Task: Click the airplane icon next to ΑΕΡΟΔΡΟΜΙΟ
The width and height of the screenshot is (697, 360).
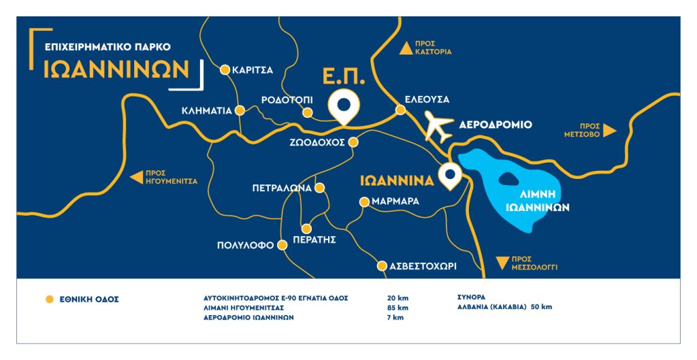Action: (x=438, y=126)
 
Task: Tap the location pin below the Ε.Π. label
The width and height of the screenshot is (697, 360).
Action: (x=344, y=105)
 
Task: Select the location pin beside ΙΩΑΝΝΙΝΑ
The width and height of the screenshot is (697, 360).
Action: (x=450, y=175)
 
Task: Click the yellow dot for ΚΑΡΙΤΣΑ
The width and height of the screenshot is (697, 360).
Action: (x=225, y=69)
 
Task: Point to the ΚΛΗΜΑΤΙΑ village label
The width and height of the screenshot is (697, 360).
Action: (x=207, y=110)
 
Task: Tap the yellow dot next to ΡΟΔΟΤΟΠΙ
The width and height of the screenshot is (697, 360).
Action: (x=308, y=112)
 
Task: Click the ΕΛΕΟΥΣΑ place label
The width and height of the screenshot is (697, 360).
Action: (x=427, y=99)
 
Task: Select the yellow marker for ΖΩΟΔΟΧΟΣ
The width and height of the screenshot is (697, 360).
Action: (x=353, y=142)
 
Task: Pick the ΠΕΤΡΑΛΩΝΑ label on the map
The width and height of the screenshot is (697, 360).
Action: (x=281, y=187)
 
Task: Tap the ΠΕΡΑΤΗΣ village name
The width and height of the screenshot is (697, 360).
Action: (x=314, y=240)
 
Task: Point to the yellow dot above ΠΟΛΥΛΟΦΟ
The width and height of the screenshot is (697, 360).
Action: (x=283, y=245)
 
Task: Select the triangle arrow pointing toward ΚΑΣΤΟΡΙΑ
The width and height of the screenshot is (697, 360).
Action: (x=405, y=47)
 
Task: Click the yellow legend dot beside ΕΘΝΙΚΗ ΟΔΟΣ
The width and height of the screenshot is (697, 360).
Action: (x=48, y=298)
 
